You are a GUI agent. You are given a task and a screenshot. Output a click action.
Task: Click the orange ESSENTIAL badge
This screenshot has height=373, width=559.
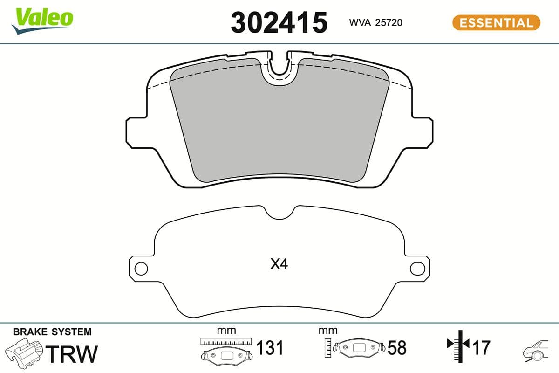(496, 22)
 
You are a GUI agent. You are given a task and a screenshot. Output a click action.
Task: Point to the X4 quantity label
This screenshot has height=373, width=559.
(279, 265)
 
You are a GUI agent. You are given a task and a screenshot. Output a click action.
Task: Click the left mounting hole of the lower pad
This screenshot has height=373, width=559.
(141, 269)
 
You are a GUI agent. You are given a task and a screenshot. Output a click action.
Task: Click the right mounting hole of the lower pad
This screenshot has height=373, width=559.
(416, 269)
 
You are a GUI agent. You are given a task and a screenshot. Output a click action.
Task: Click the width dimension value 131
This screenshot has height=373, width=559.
(270, 348)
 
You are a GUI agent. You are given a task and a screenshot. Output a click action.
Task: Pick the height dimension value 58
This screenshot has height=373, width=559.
(397, 348)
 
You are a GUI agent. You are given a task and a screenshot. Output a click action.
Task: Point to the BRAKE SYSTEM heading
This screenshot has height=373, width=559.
(52, 332)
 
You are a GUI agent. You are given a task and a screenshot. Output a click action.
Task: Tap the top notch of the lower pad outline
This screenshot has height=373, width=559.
(279, 213)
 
